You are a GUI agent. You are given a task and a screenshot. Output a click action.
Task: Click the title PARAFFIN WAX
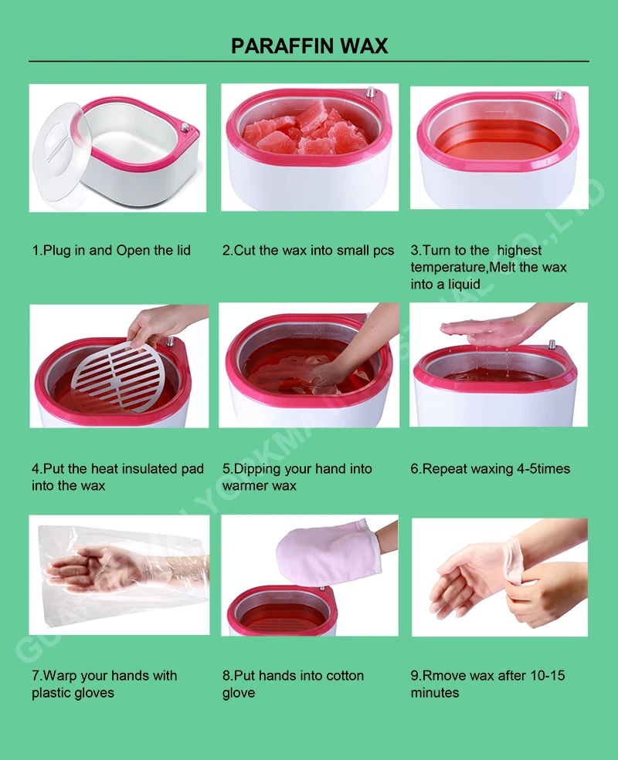tap(309, 46)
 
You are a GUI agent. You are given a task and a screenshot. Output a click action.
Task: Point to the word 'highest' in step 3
tap(519, 251)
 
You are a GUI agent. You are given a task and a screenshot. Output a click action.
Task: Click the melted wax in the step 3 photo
tap(494, 139)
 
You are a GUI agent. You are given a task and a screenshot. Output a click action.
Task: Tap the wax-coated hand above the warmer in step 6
tap(483, 330)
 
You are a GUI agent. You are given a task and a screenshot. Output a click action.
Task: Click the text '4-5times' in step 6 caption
tap(540, 469)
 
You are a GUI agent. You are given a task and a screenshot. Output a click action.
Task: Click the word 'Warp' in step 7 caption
tap(61, 676)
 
